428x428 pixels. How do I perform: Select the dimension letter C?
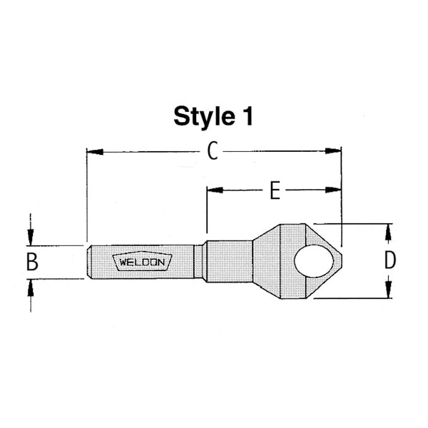pos(212,151)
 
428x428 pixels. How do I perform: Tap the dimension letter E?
pos(274,190)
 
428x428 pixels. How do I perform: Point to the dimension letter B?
pos(31,262)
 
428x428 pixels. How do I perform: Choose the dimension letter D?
pos(389,260)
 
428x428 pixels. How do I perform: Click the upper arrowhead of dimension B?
pos(31,238)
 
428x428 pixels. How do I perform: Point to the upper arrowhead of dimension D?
pos(389,230)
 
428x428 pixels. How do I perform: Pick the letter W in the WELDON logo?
pos(123,262)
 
